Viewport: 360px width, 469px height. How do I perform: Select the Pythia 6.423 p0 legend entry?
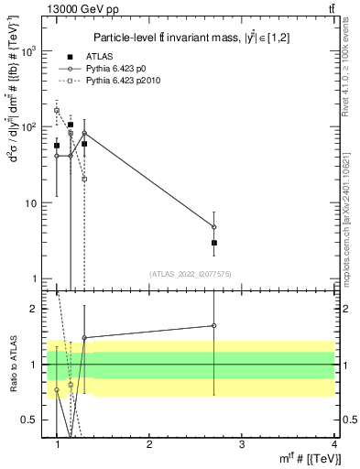point(133,69)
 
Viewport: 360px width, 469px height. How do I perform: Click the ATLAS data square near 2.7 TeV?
point(213,243)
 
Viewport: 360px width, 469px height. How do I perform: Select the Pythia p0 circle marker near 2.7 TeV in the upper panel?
point(213,226)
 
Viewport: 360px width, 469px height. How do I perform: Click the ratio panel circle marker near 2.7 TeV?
point(213,325)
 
